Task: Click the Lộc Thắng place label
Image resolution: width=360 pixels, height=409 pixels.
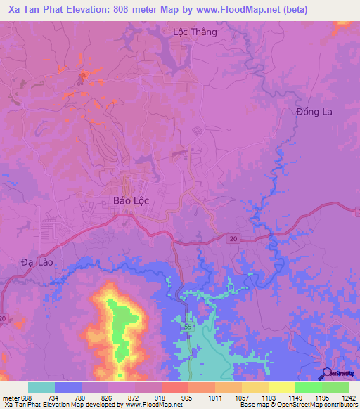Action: (x=195, y=32)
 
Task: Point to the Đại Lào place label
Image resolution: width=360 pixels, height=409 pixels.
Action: (x=37, y=261)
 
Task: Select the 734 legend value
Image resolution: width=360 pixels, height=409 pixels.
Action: (x=54, y=397)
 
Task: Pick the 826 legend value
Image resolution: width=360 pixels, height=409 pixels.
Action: (x=108, y=397)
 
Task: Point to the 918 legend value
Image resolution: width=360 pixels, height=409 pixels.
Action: (x=161, y=397)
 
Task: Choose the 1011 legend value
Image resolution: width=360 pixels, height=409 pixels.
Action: (x=215, y=397)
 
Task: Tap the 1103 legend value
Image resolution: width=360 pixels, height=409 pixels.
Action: (x=269, y=397)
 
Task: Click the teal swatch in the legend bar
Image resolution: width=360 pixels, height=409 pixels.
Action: (x=41, y=387)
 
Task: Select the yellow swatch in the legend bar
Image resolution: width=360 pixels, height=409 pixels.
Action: (x=281, y=387)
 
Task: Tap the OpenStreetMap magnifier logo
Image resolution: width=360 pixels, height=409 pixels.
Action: (x=326, y=375)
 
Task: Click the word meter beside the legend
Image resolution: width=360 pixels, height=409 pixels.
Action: (x=11, y=397)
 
